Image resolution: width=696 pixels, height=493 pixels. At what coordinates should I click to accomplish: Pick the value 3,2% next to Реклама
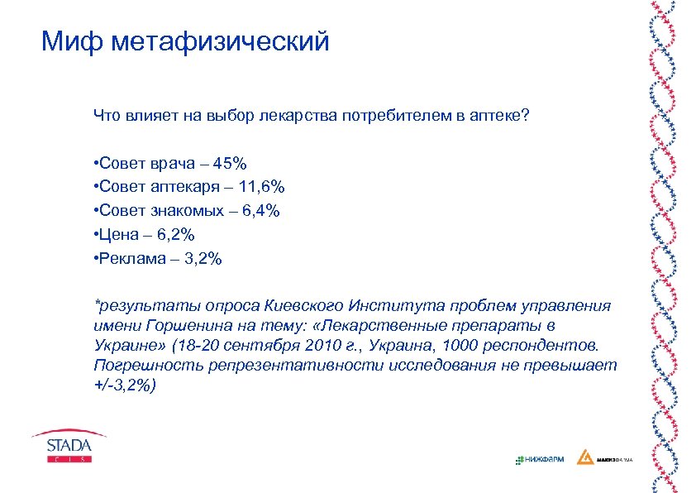[202, 259]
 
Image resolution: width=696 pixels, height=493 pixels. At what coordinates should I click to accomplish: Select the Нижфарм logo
[539, 458]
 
